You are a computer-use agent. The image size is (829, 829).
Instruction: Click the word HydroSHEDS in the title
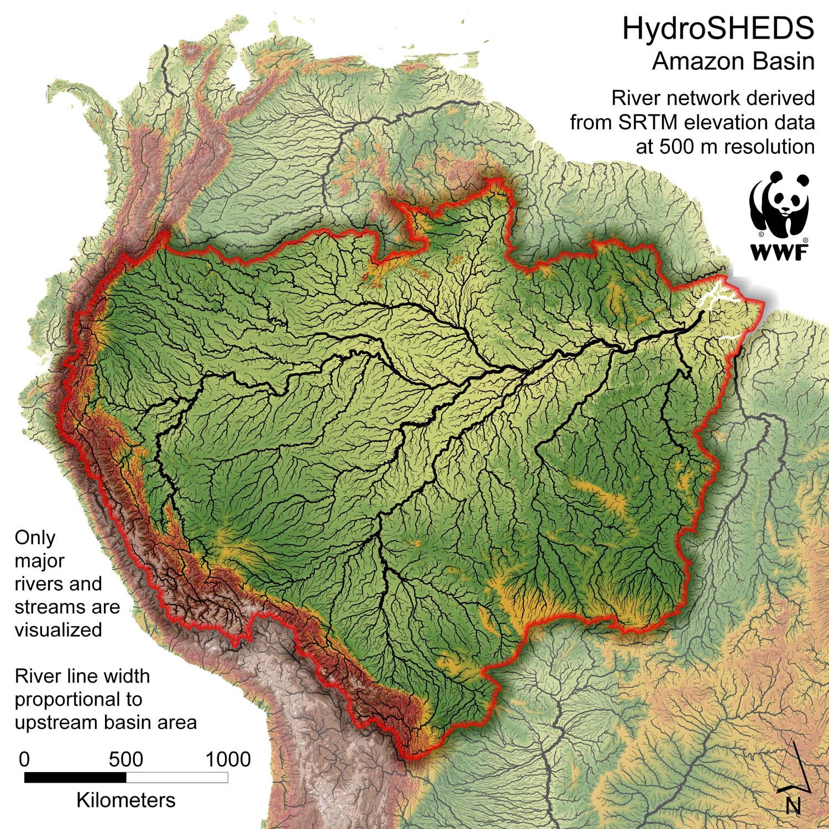pyautogui.click(x=718, y=29)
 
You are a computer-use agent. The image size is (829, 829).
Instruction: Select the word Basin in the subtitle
pyautogui.click(x=785, y=61)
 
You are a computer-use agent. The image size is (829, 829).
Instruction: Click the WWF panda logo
pyautogui.click(x=779, y=204)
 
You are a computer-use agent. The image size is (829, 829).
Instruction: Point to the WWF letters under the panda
pyautogui.click(x=779, y=252)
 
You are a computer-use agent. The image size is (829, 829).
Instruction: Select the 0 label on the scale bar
pyautogui.click(x=24, y=759)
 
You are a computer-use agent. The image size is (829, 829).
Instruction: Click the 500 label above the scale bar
pyautogui.click(x=126, y=759)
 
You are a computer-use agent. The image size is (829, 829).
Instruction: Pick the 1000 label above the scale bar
pyautogui.click(x=228, y=759)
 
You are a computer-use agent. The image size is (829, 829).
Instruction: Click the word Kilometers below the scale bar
pyautogui.click(x=126, y=800)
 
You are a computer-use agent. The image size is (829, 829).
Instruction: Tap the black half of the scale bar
pyautogui.click(x=75, y=778)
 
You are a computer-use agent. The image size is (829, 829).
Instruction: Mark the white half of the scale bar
pyautogui.click(x=177, y=778)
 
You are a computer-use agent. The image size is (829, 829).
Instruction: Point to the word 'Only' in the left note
pyautogui.click(x=35, y=537)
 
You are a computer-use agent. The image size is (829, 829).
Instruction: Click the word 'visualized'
pyautogui.click(x=58, y=629)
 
